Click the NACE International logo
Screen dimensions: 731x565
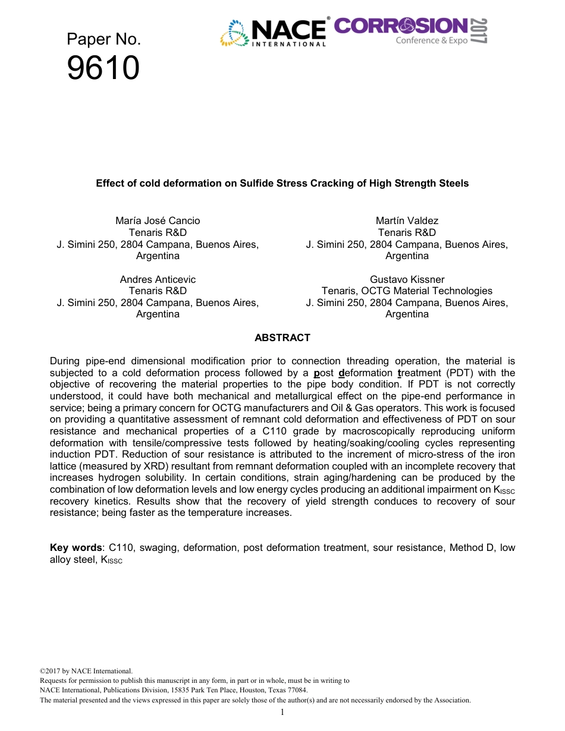[274, 33]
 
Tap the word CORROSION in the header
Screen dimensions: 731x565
[401, 26]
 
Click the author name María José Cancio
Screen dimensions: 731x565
[158, 220]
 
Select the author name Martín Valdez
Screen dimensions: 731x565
[407, 220]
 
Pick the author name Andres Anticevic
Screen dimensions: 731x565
[158, 279]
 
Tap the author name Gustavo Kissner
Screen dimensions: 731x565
[407, 279]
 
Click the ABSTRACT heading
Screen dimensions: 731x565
[282, 338]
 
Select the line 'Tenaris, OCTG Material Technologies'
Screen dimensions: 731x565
[407, 291]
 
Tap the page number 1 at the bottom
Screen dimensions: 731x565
[282, 712]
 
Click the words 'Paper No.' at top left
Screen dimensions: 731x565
[103, 40]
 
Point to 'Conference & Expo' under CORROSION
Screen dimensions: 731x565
[432, 40]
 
